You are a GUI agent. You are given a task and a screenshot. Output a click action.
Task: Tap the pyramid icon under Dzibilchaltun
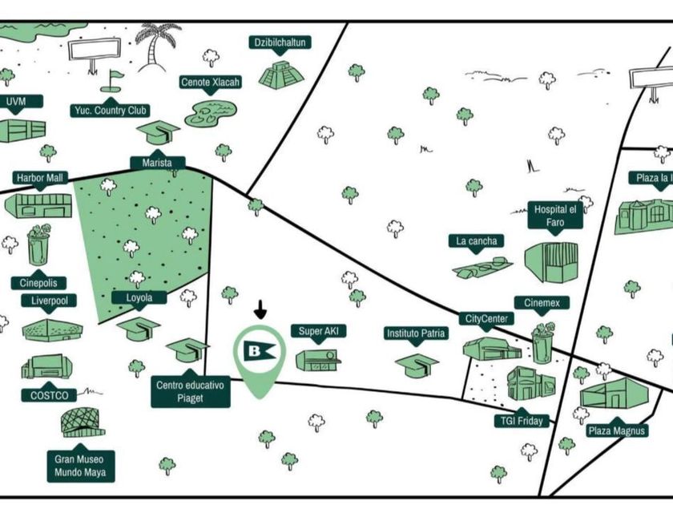tap(280, 74)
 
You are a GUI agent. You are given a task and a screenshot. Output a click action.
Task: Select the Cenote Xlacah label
tap(211, 83)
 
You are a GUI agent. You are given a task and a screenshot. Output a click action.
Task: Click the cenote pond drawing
tap(211, 113)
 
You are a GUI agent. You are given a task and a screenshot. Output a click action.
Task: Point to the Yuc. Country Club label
tap(111, 110)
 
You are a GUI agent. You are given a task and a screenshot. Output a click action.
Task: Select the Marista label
tap(158, 164)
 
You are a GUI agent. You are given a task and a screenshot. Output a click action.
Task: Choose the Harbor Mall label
tap(41, 177)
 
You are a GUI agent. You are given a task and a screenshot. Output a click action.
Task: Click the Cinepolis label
tap(38, 283)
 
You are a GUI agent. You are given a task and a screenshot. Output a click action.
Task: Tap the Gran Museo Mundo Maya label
tap(80, 467)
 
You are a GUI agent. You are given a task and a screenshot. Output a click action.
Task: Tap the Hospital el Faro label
tap(555, 216)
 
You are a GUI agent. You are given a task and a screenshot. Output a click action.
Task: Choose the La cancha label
tap(477, 240)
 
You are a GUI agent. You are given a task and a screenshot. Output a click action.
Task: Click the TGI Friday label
tap(519, 421)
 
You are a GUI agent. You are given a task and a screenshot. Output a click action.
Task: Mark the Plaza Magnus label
tap(616, 431)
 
